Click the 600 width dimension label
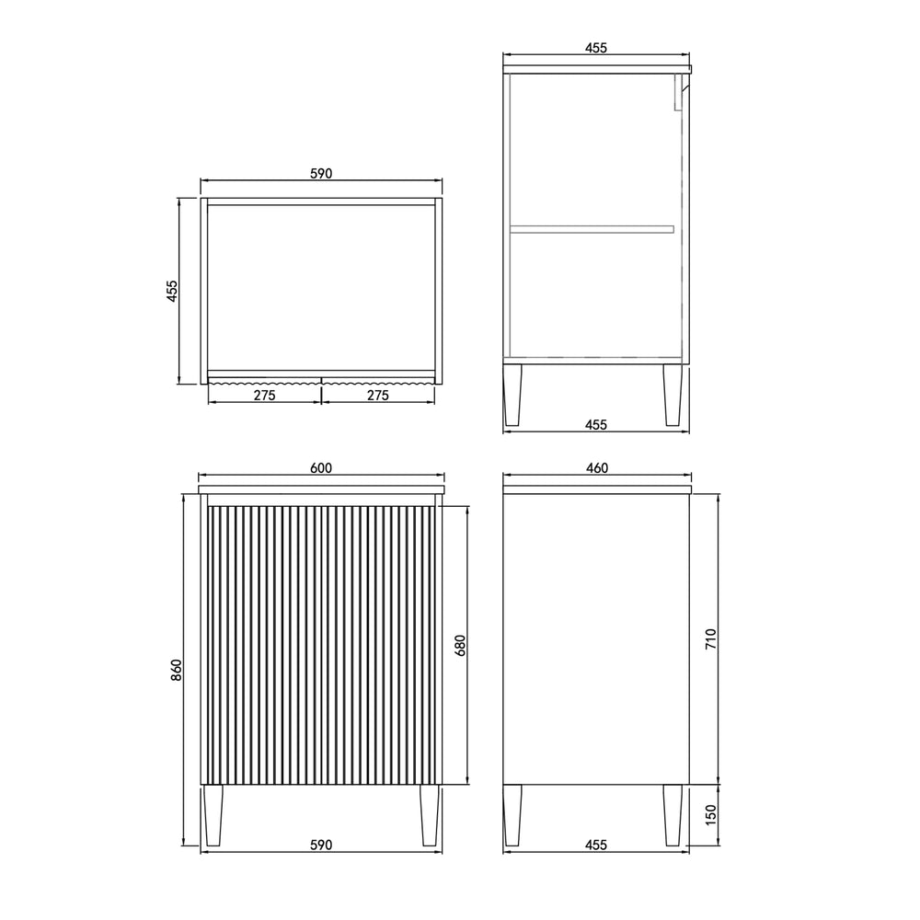click(321, 467)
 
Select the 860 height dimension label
click(177, 670)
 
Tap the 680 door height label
click(460, 646)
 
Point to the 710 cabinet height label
click(710, 638)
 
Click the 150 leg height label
click(710, 815)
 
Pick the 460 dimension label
click(597, 467)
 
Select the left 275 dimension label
click(265, 396)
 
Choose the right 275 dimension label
click(378, 396)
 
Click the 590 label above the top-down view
click(321, 174)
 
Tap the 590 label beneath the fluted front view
click(321, 845)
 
